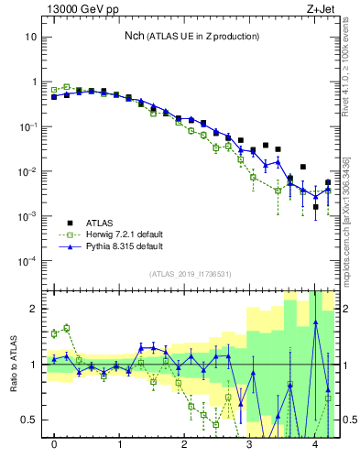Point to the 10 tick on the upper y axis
click(x=30, y=38)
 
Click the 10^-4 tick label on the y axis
click(x=27, y=261)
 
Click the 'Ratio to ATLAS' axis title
click(x=12, y=364)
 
